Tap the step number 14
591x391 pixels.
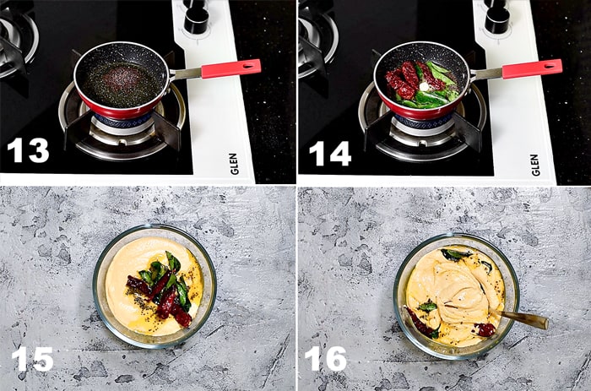pos(329,152)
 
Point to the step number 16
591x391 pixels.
pos(325,359)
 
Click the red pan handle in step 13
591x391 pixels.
pos(230,68)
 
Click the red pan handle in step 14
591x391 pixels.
pos(531,68)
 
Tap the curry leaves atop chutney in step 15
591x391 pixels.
pos(164,274)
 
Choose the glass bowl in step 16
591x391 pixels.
pos(456,296)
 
